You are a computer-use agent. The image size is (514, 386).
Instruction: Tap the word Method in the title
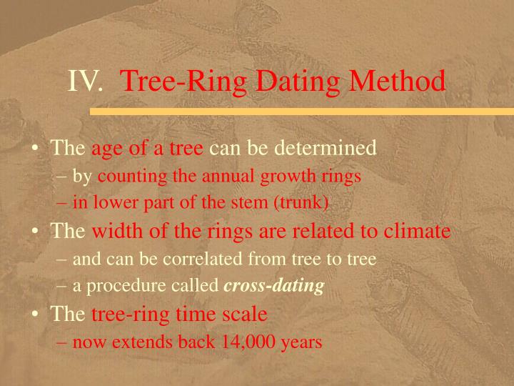[x=400, y=81]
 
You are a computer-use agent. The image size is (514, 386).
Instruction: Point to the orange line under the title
[x=300, y=112]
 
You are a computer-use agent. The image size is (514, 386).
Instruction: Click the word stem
[x=244, y=203]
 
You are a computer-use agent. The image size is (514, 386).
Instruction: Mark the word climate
[x=416, y=231]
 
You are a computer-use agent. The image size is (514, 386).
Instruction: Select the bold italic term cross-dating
[x=274, y=287]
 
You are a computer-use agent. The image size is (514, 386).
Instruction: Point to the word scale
[x=246, y=314]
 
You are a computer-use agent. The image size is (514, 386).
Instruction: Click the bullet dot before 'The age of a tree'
[x=35, y=149]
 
